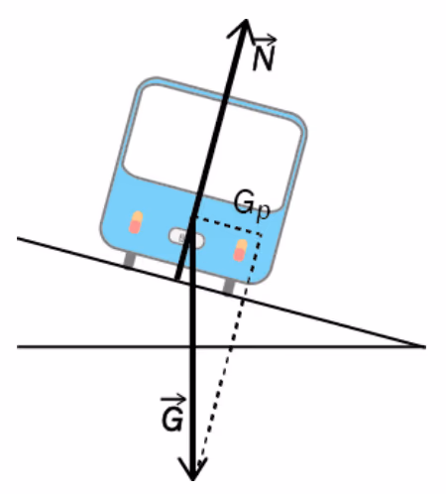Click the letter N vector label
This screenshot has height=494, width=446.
pos(264,59)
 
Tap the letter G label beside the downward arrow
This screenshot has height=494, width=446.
pos(172,420)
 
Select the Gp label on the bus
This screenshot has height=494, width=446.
pos(252,205)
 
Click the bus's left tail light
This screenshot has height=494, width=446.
pos(136,222)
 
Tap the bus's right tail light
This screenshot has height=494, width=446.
pos(240,250)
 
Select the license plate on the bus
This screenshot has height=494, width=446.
pos(186,238)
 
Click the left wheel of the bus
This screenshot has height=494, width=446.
pos(129,259)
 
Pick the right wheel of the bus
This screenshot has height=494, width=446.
pos(229,286)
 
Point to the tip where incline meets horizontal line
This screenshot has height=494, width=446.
pos(425,346)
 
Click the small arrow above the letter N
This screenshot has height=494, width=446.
pos(265,40)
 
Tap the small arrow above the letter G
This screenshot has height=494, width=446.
pos(173,400)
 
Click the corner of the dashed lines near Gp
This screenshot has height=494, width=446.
pos(262,235)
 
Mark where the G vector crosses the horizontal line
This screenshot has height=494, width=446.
pos(193,346)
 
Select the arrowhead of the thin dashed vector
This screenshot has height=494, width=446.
pos(200,465)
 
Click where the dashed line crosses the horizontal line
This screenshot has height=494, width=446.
pos(231,346)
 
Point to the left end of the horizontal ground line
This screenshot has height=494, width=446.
pos(18,346)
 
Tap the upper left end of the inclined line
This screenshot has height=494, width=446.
pos(18,238)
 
